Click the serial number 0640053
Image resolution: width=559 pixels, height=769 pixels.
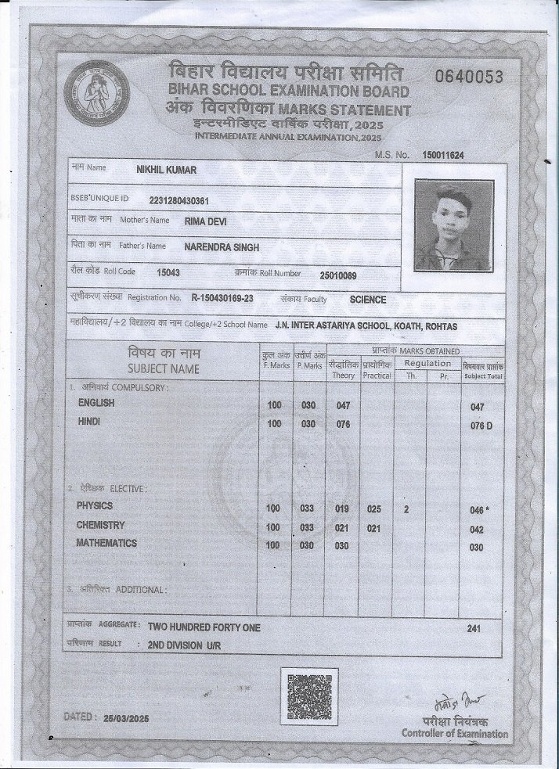(x=469, y=76)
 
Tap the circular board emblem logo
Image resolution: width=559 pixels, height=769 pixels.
(x=97, y=95)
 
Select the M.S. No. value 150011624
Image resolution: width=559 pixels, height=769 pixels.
(x=443, y=156)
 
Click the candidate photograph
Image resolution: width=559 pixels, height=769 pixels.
(x=454, y=225)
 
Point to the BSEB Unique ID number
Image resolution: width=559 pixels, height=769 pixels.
(x=178, y=199)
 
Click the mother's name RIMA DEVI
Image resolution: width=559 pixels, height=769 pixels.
(x=206, y=221)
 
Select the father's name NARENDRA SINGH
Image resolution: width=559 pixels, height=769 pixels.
(x=222, y=247)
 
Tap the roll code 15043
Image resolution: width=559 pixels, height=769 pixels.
(x=168, y=273)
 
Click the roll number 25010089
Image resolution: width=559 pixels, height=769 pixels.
(x=338, y=275)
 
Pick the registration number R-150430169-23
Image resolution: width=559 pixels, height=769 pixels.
(x=222, y=299)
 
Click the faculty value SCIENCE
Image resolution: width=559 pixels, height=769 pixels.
(x=368, y=299)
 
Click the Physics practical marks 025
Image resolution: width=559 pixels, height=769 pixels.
(x=373, y=509)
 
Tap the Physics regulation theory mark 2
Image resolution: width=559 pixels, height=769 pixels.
(x=406, y=509)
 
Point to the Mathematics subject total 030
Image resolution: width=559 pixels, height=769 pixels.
(x=476, y=548)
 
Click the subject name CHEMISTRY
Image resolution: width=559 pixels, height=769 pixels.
(x=100, y=525)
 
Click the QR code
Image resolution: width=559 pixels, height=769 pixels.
(x=309, y=695)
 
